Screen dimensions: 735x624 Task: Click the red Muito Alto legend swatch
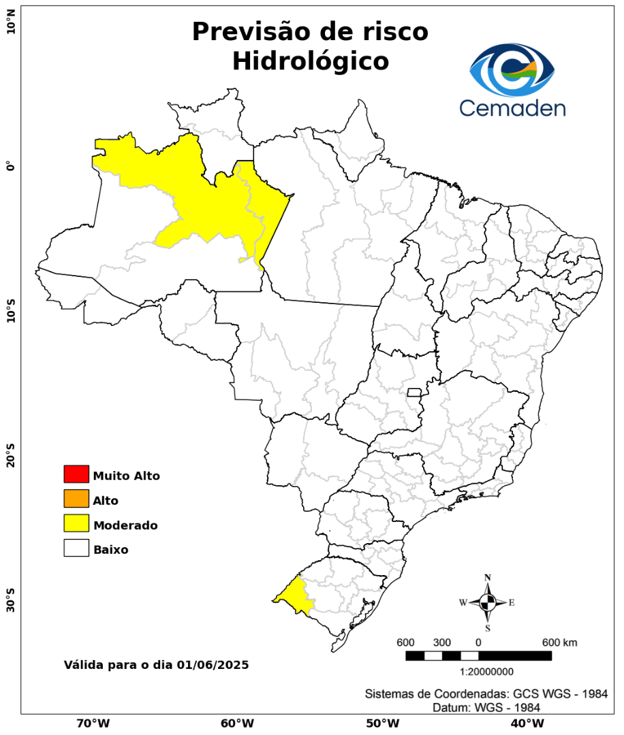pos(76,474)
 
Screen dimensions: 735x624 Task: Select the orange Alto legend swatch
pos(76,499)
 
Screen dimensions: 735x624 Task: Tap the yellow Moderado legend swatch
pos(76,523)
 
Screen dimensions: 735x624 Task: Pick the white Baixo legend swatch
pos(76,548)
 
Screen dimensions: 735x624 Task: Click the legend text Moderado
pos(125,525)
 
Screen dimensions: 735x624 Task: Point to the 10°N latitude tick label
pos(10,27)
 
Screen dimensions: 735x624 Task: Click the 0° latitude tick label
pos(10,167)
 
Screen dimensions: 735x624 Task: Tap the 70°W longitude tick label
pos(93,723)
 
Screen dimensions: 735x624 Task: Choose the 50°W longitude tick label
pos(381,723)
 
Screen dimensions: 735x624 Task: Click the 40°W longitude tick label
pos(525,723)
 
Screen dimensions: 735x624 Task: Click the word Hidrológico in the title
pos(310,61)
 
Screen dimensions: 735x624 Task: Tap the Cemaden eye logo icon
pos(512,69)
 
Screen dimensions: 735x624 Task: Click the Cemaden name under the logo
pos(512,108)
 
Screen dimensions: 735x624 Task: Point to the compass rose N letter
pos(487,577)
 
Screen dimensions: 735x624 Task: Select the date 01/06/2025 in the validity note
pos(213,664)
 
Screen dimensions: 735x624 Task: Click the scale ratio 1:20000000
pos(487,672)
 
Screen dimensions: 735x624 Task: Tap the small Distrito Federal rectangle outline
pos(414,392)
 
